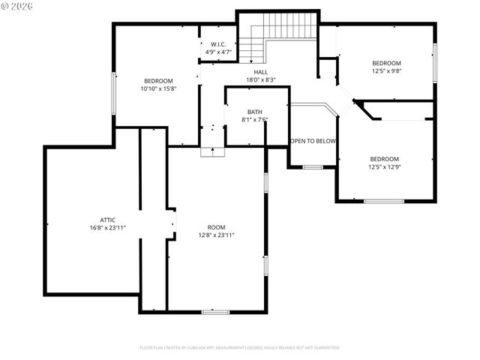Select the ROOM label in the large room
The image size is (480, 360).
pos(216,226)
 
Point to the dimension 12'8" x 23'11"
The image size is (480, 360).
pos(217,235)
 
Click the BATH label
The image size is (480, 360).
pos(255,112)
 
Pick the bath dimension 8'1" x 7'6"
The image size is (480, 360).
pos(255,119)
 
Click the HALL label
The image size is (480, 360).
pos(260,72)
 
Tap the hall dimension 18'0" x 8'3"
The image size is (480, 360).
pos(261,79)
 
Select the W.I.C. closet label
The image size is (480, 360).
pos(219,44)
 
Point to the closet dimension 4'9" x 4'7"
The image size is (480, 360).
pos(219,52)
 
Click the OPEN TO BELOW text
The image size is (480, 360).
pos(313,141)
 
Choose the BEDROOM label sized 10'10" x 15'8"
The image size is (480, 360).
pos(158,81)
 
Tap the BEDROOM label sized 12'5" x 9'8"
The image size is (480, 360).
pos(386,63)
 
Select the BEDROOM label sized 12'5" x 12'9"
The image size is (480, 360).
pos(384,159)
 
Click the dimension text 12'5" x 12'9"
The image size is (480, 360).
pos(384,167)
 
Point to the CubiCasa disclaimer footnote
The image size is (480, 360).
pos(240,348)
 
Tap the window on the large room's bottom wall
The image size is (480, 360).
pos(215,310)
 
